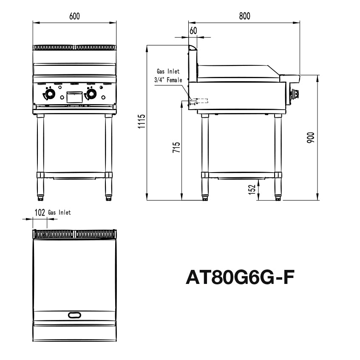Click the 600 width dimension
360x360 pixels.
click(x=74, y=16)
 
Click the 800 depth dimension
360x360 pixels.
click(x=244, y=16)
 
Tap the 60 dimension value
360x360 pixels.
click(x=193, y=31)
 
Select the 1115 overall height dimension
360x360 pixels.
click(x=142, y=121)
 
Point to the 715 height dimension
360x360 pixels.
click(x=176, y=147)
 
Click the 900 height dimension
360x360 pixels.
click(x=310, y=138)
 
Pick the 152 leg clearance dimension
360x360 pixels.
click(x=252, y=190)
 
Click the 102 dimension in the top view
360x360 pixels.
click(x=40, y=213)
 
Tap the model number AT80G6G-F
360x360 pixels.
click(x=240, y=278)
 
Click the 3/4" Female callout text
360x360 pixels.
click(x=168, y=80)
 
